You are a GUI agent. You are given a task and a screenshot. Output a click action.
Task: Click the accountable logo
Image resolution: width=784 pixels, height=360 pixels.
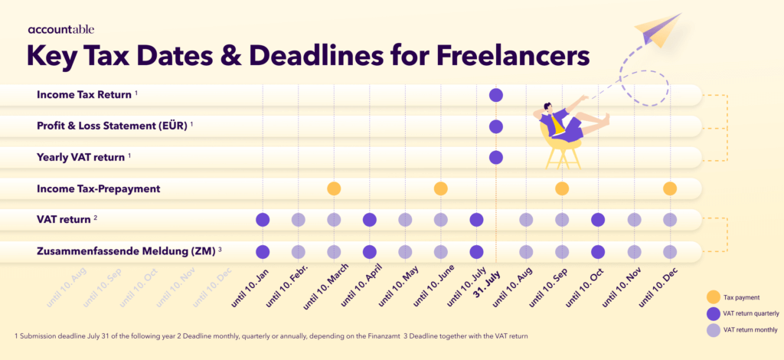(x=61, y=30)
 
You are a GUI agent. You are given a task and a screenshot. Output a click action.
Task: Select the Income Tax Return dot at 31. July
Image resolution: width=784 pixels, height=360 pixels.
(x=495, y=95)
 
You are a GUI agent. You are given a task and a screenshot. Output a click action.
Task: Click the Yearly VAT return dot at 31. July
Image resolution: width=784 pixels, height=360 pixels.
(x=495, y=158)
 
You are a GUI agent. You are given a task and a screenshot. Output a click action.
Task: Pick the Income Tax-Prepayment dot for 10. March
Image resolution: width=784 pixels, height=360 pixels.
(x=334, y=188)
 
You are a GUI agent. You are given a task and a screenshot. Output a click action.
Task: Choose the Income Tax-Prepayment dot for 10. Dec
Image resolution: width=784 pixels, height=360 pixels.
(x=670, y=188)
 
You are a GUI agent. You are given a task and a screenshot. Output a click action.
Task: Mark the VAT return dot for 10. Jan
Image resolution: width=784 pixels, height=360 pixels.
(x=263, y=220)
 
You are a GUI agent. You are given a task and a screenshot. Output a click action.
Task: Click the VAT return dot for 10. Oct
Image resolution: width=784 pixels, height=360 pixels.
(x=598, y=220)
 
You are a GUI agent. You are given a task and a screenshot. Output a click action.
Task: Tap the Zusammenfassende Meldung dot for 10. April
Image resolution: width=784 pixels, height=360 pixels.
(x=369, y=251)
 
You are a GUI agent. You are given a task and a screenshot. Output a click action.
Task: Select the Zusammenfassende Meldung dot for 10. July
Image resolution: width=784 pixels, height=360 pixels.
(x=476, y=251)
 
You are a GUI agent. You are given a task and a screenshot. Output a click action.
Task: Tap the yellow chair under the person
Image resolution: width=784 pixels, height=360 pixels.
(x=562, y=150)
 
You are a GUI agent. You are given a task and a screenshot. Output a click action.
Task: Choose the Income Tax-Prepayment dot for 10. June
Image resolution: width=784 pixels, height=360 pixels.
(x=440, y=188)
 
